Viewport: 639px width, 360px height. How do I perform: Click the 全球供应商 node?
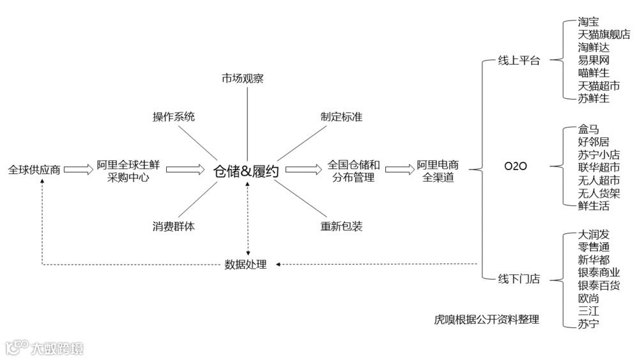(35, 170)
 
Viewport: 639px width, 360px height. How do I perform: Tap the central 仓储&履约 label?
(246, 171)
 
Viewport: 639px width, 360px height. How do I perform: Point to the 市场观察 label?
(243, 79)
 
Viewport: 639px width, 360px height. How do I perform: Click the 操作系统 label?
(174, 116)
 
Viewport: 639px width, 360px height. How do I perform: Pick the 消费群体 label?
(174, 226)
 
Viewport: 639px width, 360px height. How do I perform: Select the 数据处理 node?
(246, 264)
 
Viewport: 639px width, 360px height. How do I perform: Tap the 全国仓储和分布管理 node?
(354, 171)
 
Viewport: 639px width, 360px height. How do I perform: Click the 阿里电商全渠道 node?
(438, 171)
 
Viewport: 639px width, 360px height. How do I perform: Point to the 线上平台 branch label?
(519, 61)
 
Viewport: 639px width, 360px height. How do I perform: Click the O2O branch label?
(516, 166)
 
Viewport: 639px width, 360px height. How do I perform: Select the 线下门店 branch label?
(519, 278)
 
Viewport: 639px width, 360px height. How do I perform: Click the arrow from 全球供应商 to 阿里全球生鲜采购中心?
(79, 169)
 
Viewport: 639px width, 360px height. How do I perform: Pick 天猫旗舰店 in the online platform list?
(603, 35)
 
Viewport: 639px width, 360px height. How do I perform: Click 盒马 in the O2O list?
(589, 130)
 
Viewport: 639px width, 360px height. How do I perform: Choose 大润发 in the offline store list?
(594, 235)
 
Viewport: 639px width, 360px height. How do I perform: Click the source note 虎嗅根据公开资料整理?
(486, 319)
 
